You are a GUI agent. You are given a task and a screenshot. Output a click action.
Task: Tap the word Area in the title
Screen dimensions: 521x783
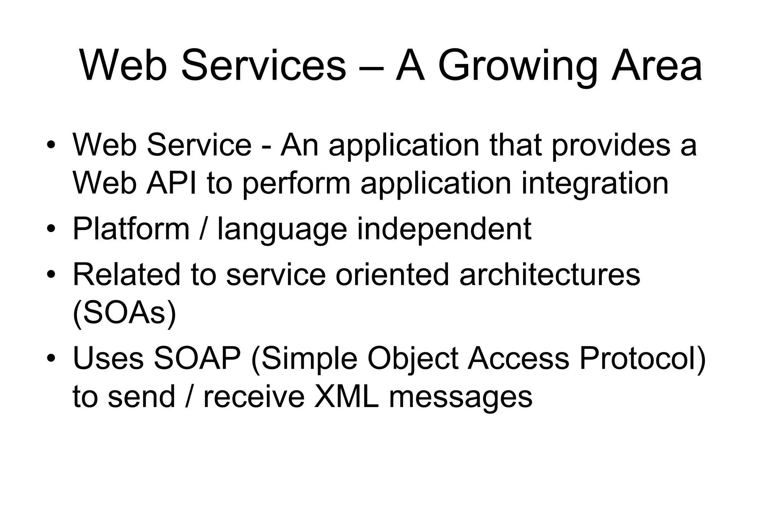656,66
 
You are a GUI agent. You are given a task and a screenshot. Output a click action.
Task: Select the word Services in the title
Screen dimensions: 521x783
263,66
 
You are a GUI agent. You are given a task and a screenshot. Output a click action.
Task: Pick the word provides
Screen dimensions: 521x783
611,146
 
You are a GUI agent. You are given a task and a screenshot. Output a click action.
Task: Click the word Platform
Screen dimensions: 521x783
131,229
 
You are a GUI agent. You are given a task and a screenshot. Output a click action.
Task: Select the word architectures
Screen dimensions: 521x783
550,274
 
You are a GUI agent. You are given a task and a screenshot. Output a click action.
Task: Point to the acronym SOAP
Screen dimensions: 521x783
197,358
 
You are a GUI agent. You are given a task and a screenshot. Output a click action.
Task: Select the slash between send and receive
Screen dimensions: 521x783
189,397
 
